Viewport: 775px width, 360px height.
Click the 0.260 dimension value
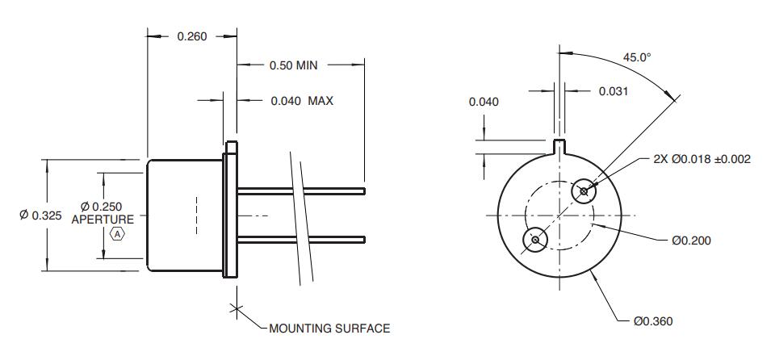tap(192, 36)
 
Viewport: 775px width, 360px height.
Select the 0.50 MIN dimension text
tap(293, 65)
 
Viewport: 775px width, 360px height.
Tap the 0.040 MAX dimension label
tap(302, 101)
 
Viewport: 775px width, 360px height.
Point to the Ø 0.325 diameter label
tap(40, 215)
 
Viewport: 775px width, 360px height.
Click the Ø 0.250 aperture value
tap(101, 206)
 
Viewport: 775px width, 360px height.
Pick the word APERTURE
tap(103, 219)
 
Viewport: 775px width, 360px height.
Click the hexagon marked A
tap(117, 234)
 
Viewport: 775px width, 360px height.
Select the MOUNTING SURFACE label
tap(329, 329)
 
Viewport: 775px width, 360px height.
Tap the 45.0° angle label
tap(637, 57)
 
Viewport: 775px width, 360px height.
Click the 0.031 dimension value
tap(614, 91)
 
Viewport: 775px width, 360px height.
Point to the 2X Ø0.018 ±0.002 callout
tap(702, 159)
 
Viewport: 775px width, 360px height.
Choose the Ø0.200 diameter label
tap(692, 241)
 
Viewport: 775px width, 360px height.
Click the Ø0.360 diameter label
tap(653, 321)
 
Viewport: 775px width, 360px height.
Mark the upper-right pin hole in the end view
tap(584, 190)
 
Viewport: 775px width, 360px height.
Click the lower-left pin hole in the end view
tap(535, 240)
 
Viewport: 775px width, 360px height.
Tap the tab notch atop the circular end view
tap(559, 146)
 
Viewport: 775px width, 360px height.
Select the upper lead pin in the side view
tap(301, 190)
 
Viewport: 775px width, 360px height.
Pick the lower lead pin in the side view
tap(301, 240)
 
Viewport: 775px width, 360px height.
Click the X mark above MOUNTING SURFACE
tap(237, 309)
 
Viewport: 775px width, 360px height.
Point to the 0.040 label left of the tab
tap(484, 102)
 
